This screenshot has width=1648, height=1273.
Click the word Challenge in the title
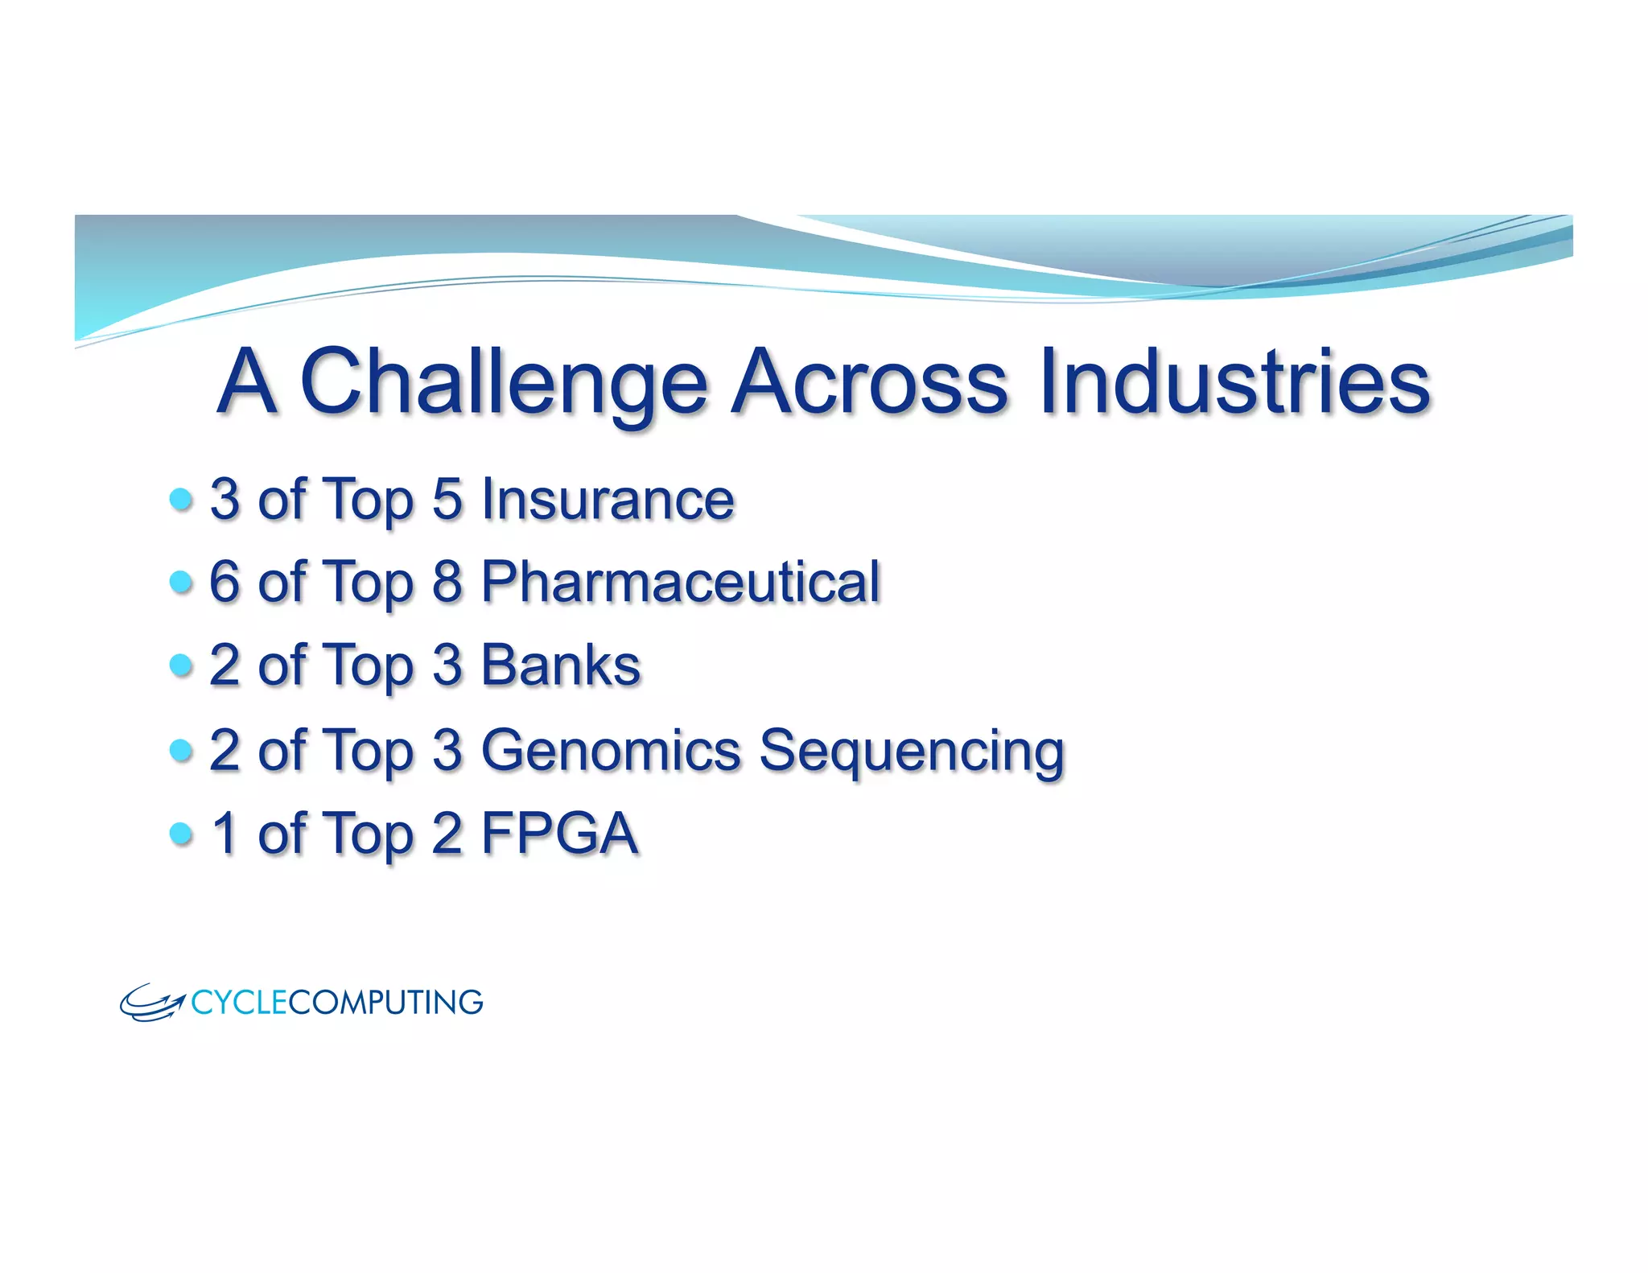coord(503,382)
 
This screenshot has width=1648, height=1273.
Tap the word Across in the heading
coord(869,382)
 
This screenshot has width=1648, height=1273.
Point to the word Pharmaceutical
coord(680,582)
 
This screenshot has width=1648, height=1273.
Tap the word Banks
coord(560,665)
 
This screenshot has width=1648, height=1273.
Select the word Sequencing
coord(912,752)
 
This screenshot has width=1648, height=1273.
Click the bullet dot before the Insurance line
coord(182,499)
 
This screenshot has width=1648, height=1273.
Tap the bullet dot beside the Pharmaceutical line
coord(182,582)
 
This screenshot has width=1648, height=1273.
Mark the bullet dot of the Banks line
coord(182,665)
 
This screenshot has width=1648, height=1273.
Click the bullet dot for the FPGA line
coord(182,833)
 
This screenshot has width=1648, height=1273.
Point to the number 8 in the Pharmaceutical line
coord(447,582)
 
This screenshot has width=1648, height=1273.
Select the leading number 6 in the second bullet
coord(225,582)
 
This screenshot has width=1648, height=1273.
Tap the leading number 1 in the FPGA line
coord(225,833)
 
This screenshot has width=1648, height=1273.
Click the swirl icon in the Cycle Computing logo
coord(152,1003)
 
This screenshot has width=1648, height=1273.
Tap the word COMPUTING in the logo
coord(385,1003)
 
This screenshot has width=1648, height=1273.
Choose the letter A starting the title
coord(248,382)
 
